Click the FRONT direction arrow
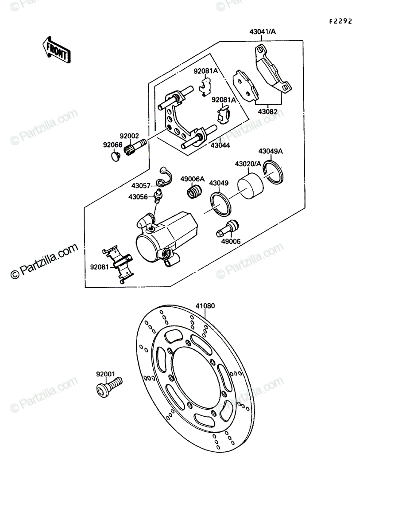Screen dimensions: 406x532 coord(57,51)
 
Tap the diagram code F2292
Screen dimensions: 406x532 coord(340,21)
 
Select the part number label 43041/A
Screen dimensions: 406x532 coord(263,31)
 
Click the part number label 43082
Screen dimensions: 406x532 coord(267,112)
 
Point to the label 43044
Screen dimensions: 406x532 coord(220,145)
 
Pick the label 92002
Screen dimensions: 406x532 coord(129,136)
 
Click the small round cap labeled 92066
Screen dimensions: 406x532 coord(116,156)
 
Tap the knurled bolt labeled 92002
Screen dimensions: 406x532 coord(135,147)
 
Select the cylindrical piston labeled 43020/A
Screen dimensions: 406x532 coord(250,186)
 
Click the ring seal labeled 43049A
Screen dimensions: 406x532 coord(274,172)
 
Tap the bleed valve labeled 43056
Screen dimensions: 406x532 coord(158,196)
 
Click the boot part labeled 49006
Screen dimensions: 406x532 coord(228,228)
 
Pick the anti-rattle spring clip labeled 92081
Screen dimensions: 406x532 coord(119,264)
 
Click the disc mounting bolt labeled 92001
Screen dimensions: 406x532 coord(109,387)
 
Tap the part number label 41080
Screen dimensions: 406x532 coord(205,306)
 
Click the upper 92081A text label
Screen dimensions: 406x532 coord(206,71)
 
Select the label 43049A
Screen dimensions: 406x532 coord(271,151)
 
